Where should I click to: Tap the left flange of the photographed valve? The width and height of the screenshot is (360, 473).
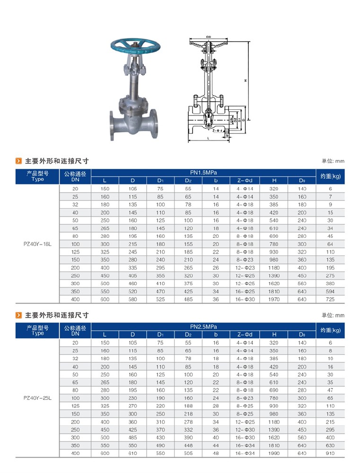(x=112, y=125)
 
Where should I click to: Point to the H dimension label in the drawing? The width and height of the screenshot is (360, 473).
(x=246, y=81)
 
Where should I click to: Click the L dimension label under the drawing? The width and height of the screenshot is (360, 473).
(x=208, y=138)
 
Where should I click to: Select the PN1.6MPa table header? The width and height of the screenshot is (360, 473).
(x=203, y=173)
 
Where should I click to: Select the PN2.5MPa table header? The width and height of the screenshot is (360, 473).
(x=203, y=327)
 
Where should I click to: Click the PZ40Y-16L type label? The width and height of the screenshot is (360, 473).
(x=37, y=244)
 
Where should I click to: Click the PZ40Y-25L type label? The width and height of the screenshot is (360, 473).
(x=37, y=398)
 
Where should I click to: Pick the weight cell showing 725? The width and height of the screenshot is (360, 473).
(x=330, y=299)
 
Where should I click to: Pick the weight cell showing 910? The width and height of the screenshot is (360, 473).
(x=330, y=453)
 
